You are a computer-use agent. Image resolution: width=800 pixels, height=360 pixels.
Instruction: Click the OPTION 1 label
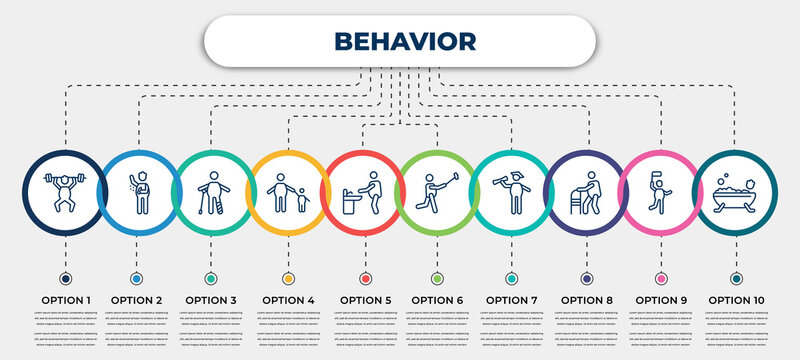click(x=66, y=299)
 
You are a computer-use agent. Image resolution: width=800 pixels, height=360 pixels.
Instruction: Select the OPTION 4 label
click(x=288, y=299)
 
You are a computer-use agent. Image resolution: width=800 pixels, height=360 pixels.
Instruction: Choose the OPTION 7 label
click(x=512, y=299)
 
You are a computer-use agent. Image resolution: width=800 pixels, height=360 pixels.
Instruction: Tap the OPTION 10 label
click(x=736, y=299)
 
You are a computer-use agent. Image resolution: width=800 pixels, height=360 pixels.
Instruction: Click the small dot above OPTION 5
click(x=362, y=277)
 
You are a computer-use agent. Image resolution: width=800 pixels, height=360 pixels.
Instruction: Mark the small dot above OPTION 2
click(x=137, y=277)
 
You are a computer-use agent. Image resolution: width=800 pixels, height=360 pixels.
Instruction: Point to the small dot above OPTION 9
click(x=661, y=277)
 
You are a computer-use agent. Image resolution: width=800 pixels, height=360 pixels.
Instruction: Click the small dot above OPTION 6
click(x=436, y=277)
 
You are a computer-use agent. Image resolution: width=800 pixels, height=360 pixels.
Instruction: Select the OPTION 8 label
click(x=586, y=299)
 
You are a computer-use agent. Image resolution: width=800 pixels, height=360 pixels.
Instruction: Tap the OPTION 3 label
click(x=212, y=299)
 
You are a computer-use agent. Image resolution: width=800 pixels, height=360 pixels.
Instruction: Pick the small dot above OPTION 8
click(x=586, y=277)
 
